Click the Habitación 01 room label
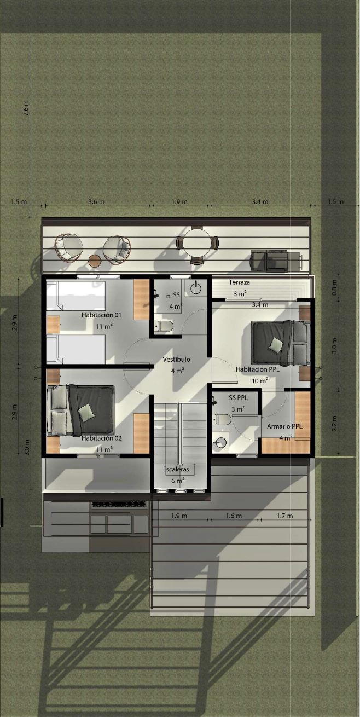101,315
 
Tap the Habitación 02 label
101,438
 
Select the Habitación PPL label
258,369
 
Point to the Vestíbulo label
176,359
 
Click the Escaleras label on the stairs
176,469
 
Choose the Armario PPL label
284,426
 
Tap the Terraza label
239,282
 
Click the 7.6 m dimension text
26,108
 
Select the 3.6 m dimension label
96,202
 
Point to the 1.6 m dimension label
234,516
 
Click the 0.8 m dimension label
334,288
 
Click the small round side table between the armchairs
95,261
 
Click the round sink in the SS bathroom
196,288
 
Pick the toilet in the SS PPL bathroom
222,419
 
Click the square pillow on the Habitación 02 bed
86,413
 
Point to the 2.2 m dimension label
334,423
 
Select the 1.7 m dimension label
284,516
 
